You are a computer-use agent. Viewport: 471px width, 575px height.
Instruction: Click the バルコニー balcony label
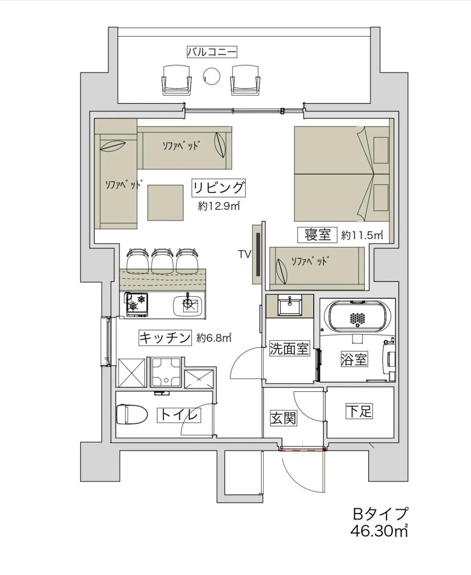click(212, 52)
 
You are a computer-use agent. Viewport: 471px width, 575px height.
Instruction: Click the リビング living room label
click(219, 187)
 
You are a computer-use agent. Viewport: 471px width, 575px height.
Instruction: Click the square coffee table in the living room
click(165, 202)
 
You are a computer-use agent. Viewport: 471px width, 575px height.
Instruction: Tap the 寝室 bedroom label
click(317, 235)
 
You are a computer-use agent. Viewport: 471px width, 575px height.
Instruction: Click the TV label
click(244, 254)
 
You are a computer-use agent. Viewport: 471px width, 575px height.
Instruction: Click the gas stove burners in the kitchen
click(136, 303)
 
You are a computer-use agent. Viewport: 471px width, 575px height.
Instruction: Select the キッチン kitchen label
click(164, 338)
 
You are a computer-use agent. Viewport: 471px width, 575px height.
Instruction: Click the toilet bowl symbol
click(127, 414)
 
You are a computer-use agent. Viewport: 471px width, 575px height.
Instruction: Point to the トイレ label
click(179, 415)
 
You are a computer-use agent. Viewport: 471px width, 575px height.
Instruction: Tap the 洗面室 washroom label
click(289, 348)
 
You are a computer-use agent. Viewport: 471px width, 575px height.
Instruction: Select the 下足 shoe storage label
click(359, 411)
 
